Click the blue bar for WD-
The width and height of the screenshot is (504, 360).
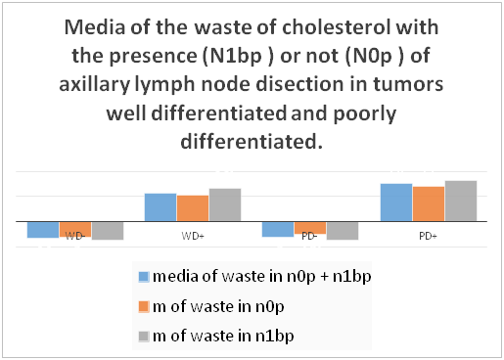click(x=43, y=230)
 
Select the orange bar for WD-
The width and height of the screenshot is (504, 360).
click(x=75, y=229)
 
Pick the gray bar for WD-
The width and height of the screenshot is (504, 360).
click(x=108, y=231)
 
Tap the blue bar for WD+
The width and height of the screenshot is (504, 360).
click(x=160, y=207)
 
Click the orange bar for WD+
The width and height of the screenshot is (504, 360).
click(x=193, y=208)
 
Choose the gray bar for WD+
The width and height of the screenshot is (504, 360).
click(x=225, y=204)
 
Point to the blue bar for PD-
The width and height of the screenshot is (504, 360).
click(x=278, y=229)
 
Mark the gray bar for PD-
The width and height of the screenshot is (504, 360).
click(x=343, y=231)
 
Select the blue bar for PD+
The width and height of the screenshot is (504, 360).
click(x=396, y=202)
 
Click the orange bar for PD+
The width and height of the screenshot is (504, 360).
click(x=429, y=203)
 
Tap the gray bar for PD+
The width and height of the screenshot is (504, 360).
click(x=461, y=201)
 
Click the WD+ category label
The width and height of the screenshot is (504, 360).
click(x=193, y=236)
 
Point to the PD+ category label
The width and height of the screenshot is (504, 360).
click(x=428, y=236)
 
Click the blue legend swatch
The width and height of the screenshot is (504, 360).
click(x=144, y=277)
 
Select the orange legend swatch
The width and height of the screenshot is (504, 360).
click(x=144, y=306)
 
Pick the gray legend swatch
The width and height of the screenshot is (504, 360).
click(x=144, y=337)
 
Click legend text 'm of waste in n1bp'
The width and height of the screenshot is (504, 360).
click(x=223, y=337)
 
